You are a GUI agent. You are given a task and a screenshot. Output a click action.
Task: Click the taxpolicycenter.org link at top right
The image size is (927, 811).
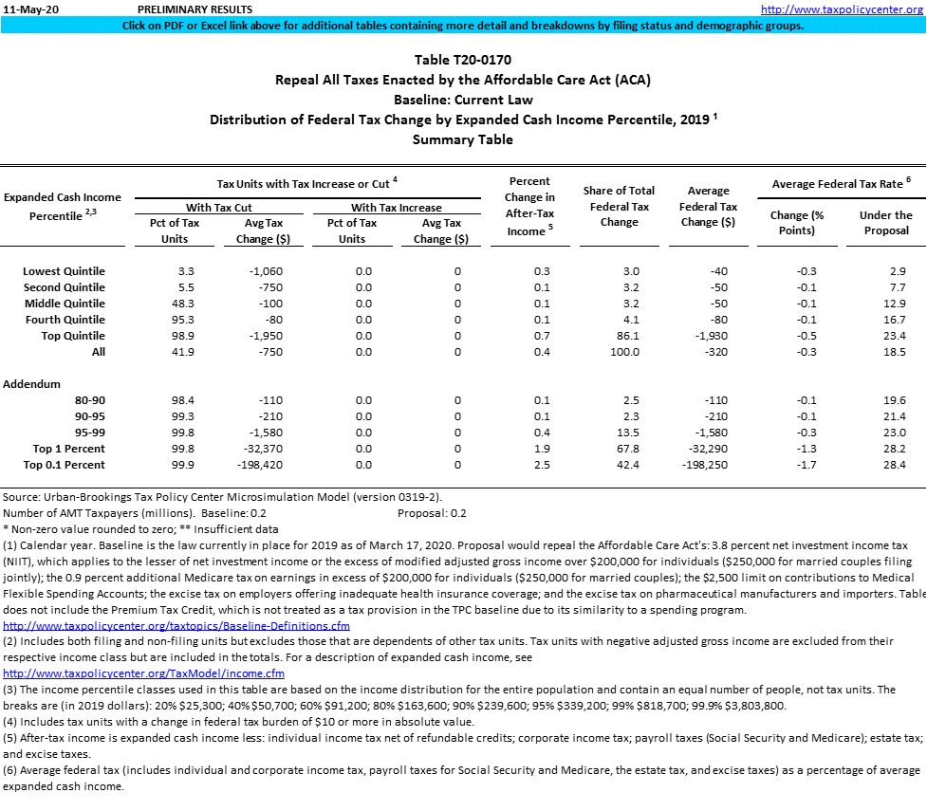click(842, 9)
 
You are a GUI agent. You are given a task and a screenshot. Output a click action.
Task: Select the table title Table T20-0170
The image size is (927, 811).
click(462, 61)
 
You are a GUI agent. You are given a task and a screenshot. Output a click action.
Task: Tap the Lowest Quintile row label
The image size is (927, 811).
click(64, 271)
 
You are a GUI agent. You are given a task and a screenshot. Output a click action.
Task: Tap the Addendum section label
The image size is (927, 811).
click(31, 384)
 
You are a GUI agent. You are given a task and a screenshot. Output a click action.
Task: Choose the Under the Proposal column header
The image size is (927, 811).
click(885, 223)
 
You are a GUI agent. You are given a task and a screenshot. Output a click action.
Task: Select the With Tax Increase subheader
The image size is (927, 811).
click(396, 208)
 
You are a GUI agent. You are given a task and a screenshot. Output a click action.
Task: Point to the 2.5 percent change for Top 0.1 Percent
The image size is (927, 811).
click(543, 465)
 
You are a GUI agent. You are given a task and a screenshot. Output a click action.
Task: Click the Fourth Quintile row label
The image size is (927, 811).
click(65, 320)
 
